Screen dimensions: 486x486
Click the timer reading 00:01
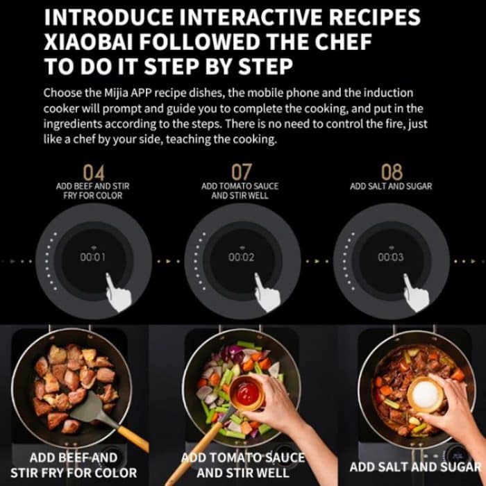pos(92,257)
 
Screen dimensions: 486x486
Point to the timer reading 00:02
pos(242,257)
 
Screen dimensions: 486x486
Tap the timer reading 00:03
pos(390,257)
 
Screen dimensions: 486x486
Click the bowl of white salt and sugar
pos(425,394)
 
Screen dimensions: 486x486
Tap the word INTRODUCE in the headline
pos(108,17)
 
